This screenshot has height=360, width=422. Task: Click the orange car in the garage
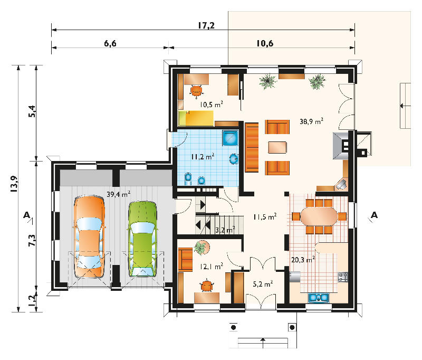[x=89, y=237]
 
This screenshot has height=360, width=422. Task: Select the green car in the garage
[x=142, y=239]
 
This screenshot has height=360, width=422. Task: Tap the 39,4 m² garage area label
[x=118, y=194]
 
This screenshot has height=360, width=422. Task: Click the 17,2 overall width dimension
[x=206, y=25]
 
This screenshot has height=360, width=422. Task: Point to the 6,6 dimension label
[x=110, y=43]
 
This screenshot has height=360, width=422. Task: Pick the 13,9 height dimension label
[x=14, y=184]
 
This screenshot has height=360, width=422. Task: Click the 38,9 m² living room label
[x=311, y=121]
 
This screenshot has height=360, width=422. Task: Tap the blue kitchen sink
[x=319, y=297]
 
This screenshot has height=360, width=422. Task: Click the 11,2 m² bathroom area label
[x=203, y=156]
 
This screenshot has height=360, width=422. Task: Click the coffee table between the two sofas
[x=277, y=147]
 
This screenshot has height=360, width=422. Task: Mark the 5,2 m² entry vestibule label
[x=263, y=284]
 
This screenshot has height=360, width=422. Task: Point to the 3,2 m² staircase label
[x=225, y=230]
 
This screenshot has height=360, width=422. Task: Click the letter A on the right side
[x=375, y=215]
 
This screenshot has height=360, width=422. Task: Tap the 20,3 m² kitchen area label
[x=303, y=260]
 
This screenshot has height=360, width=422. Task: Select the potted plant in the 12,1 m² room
[x=201, y=248]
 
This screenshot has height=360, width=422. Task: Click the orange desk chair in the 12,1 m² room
[x=207, y=286]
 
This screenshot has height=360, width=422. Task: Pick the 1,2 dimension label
[x=32, y=300]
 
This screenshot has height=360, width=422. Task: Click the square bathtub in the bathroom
[x=231, y=138]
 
